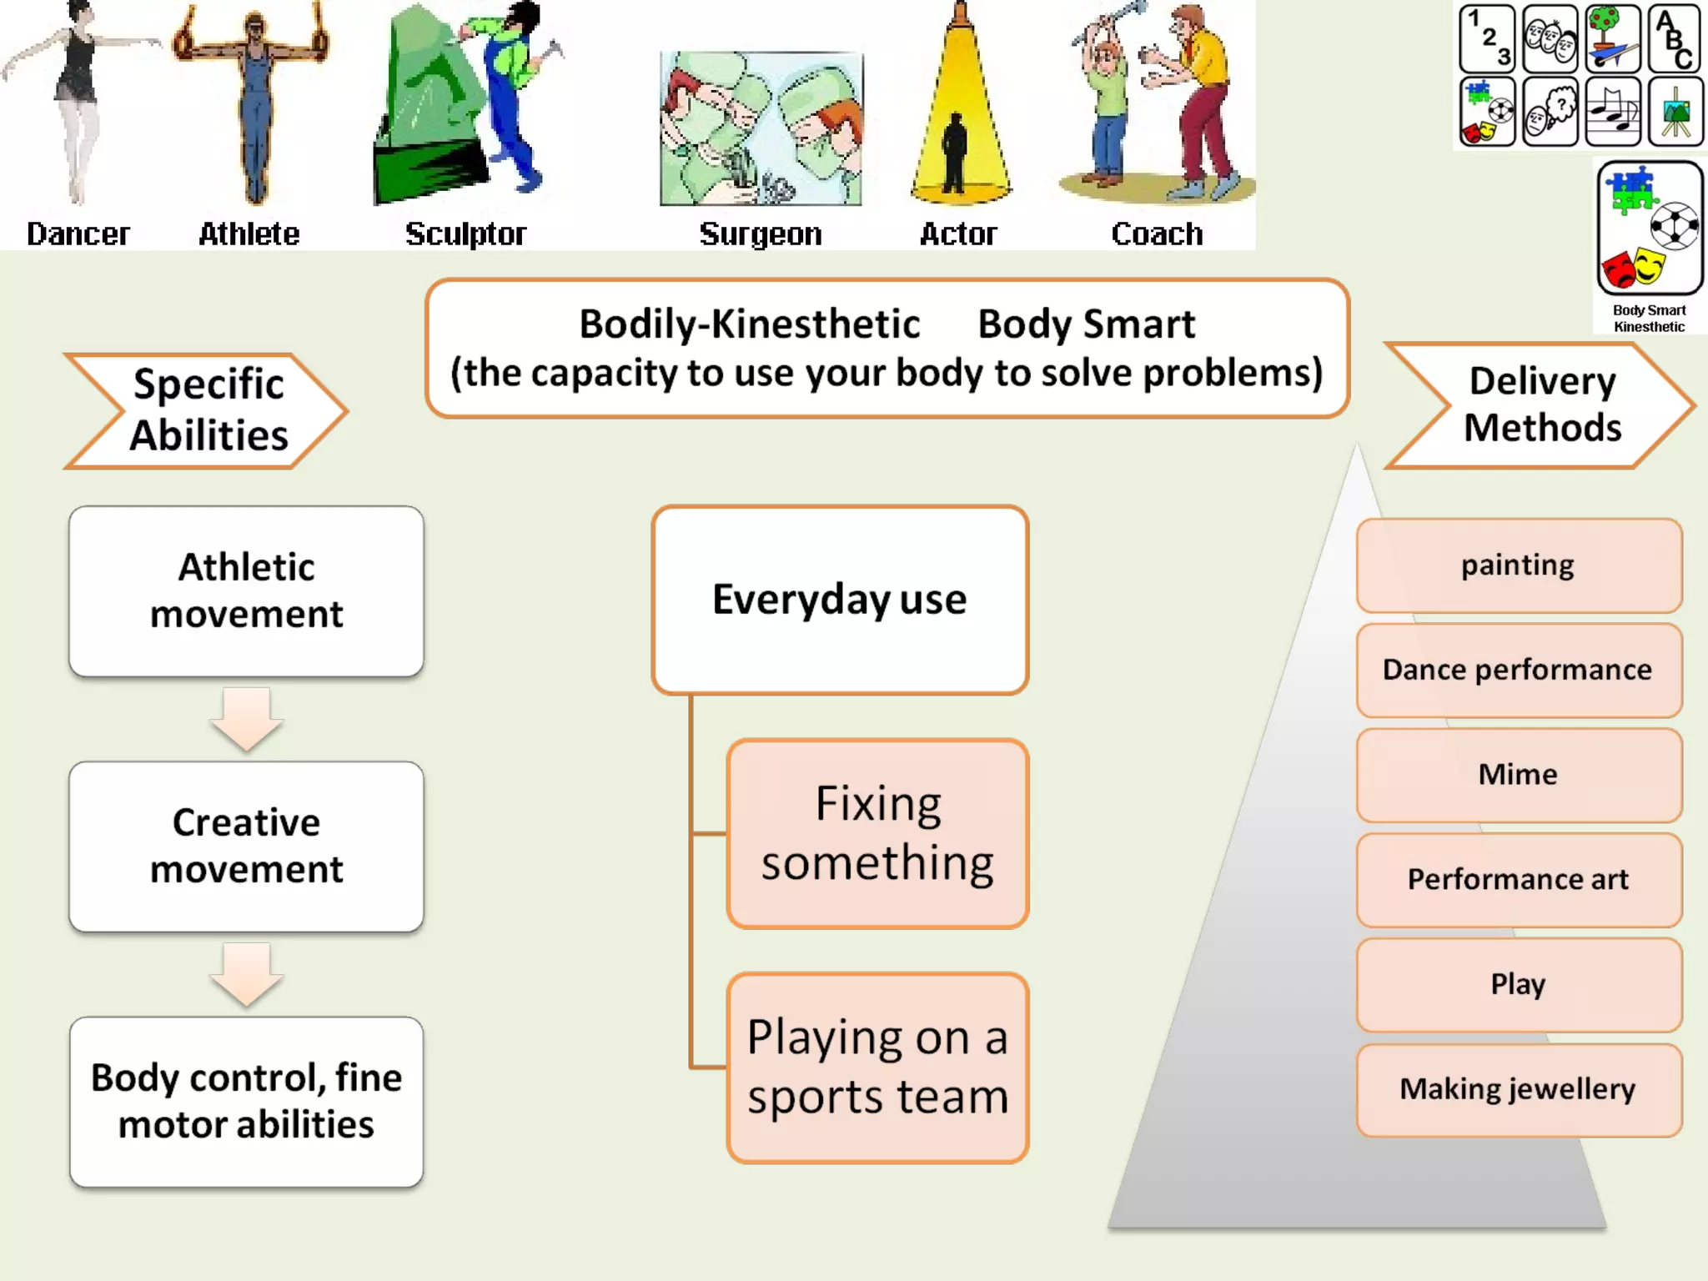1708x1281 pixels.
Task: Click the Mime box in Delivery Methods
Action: point(1518,775)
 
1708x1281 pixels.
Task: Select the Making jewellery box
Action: point(1518,1089)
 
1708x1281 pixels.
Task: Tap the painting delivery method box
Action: point(1518,565)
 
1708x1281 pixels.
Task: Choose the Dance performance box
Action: point(1518,670)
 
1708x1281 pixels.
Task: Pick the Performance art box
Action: point(1518,880)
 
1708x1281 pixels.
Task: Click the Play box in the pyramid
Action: point(1518,985)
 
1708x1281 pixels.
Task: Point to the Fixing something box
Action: point(877,833)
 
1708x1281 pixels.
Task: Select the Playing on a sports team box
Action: point(877,1067)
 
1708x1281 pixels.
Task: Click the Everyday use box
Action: point(840,600)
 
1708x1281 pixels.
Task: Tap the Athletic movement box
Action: point(246,590)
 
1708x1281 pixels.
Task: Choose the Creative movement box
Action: point(246,846)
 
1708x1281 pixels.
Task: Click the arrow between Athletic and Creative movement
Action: point(246,718)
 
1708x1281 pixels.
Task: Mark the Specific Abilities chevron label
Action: point(208,410)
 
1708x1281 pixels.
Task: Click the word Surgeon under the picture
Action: point(760,234)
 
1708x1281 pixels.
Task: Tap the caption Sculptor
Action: point(465,234)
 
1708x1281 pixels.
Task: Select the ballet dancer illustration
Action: point(78,100)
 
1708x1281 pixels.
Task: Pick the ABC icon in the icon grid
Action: point(1675,39)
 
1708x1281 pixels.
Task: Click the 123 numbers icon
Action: point(1488,39)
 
